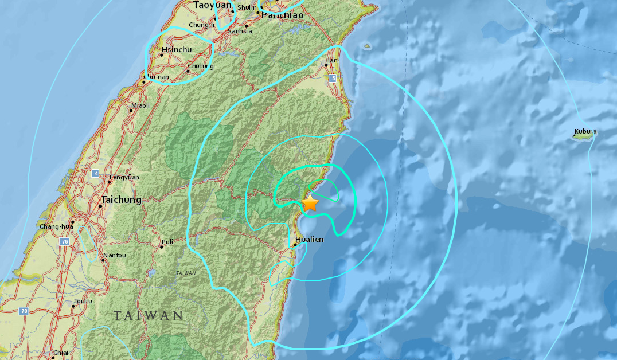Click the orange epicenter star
coord(310,204)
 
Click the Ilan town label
coord(331,60)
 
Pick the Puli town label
coord(167,242)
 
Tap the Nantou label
coord(113,255)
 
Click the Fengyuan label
coord(124,178)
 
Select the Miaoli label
coord(140,105)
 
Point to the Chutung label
coord(201,66)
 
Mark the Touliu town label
coord(83,300)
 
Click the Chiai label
coord(60,353)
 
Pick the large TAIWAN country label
coord(148,315)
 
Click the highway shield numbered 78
coord(23,311)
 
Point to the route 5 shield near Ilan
coord(333,79)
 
